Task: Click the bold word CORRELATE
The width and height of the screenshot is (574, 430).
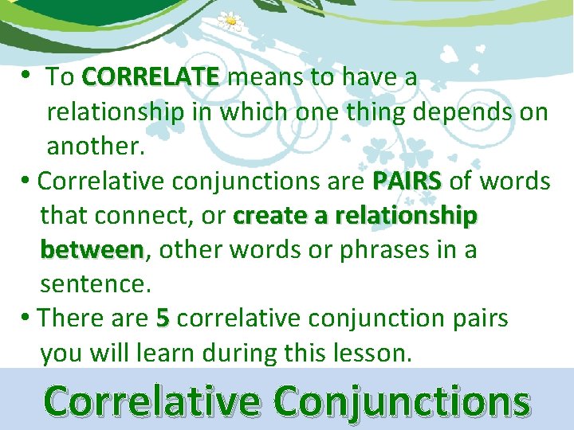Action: pos(150,77)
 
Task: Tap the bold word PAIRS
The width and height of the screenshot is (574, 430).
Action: pos(406,181)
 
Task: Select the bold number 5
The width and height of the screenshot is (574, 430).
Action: pos(163,319)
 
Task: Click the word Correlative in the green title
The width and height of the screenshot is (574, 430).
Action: pos(152,401)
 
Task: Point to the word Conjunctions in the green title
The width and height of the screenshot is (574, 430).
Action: pos(402,402)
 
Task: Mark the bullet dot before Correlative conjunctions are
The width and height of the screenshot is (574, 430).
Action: pos(27,181)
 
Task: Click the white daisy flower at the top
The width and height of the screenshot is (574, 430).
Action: pos(230,21)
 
